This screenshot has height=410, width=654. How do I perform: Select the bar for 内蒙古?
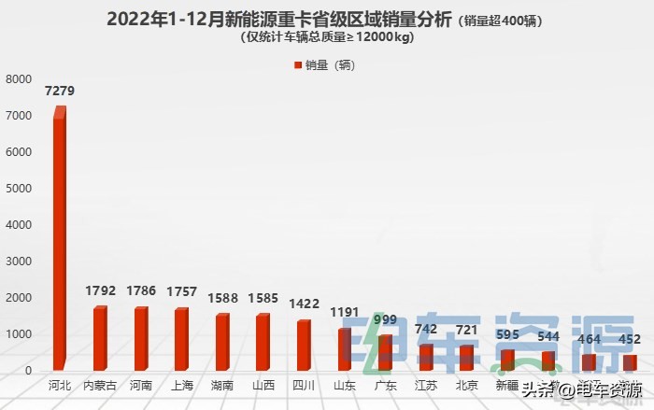coord(99,338)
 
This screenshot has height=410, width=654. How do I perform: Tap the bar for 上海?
coord(181,339)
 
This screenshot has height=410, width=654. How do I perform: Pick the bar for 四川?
coord(304,346)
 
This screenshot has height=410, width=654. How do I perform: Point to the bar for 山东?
coord(344,349)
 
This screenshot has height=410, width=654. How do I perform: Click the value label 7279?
coord(60,91)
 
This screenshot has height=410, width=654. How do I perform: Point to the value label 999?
coord(385,319)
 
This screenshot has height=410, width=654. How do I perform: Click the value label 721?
coord(466,330)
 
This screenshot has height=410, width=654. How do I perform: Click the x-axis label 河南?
coord(140,385)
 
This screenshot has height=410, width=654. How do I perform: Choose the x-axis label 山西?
coord(263,385)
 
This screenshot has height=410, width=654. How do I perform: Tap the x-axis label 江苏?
coord(425,385)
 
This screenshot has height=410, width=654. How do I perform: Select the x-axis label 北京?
coord(466,385)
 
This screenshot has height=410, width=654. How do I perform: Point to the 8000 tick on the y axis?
coord(19,79)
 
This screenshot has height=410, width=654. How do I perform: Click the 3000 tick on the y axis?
coord(19,262)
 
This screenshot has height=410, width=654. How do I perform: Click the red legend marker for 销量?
coord(298,65)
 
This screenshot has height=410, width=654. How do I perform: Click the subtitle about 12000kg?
coord(326,37)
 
